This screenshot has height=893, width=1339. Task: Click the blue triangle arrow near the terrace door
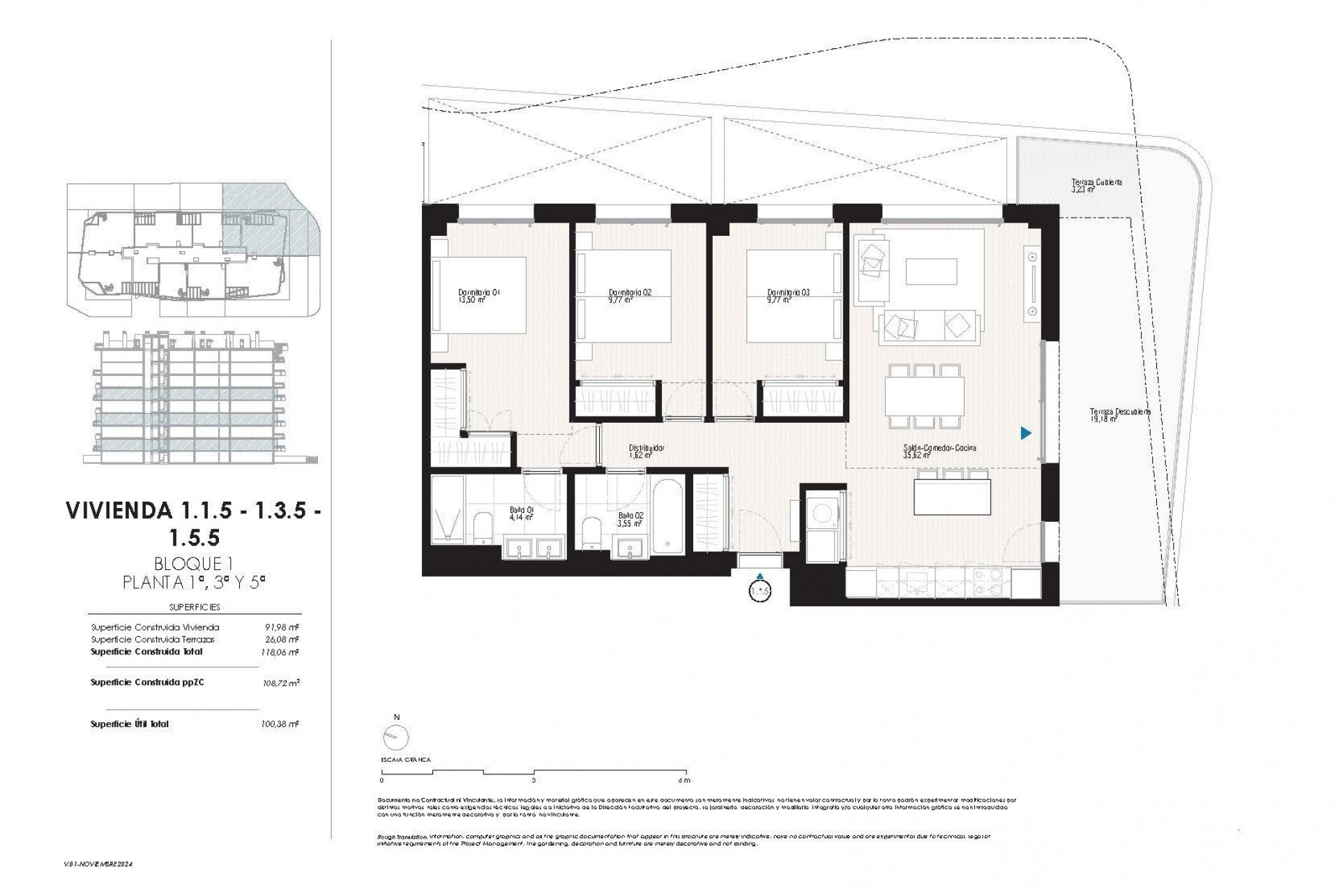[x=1025, y=433]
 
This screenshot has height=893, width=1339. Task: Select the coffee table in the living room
[x=931, y=271]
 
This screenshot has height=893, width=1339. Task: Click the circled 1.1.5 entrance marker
[x=759, y=590]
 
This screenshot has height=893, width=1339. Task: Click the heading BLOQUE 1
[x=192, y=564]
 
